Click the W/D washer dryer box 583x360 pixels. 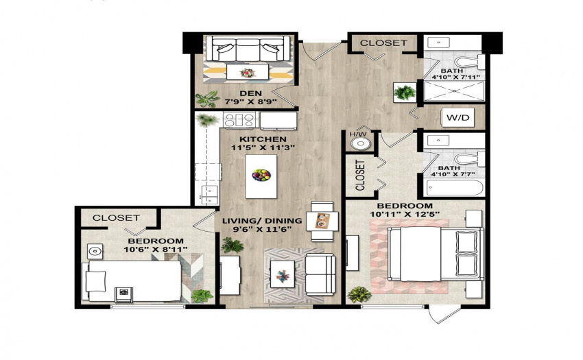point(457,118)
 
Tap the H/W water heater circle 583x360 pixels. point(359,143)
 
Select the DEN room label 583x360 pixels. point(250,93)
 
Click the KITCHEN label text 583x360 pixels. point(263,139)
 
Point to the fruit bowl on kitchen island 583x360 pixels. point(261,175)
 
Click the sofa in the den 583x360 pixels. point(248,49)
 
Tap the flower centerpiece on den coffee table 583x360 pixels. point(247,72)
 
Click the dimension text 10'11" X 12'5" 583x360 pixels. point(405,214)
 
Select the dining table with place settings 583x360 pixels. point(322,221)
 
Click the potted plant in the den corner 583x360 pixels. point(206,99)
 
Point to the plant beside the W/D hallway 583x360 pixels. point(405,92)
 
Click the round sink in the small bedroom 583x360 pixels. point(95,252)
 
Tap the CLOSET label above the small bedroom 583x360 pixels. point(116,217)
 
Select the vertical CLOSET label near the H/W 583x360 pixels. point(360,175)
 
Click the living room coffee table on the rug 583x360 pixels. point(283,274)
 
